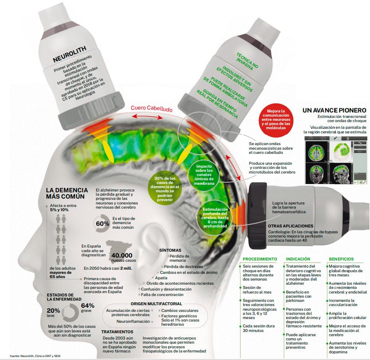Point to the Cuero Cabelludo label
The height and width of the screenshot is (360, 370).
pyautogui.click(x=151, y=108)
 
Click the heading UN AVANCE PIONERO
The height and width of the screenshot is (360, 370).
pyautogui.click(x=334, y=110)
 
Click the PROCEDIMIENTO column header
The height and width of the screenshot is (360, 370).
pyautogui.click(x=260, y=259)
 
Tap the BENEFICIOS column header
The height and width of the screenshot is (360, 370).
pyautogui.click(x=341, y=259)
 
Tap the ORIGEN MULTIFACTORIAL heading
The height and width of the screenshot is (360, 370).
pyautogui.click(x=156, y=304)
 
